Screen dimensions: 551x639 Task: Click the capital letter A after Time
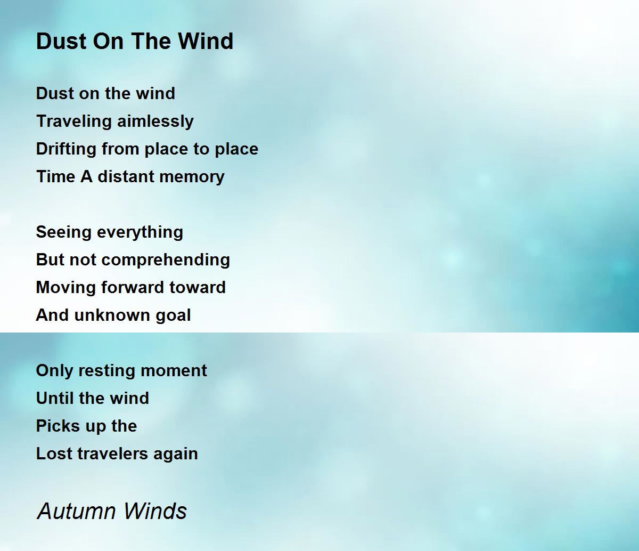(x=86, y=176)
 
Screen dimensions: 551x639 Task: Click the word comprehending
(x=166, y=260)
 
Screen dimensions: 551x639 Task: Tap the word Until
(x=52, y=398)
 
